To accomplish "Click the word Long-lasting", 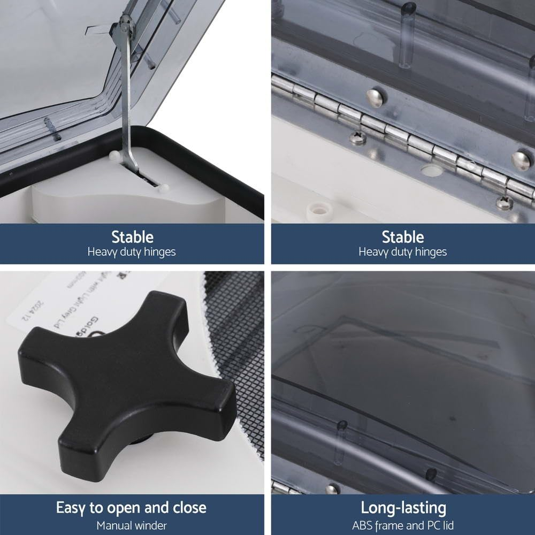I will tap(403, 507).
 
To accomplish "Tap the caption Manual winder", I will tap(132, 525).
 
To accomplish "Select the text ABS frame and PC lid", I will tap(403, 525).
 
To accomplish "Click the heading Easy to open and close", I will tap(132, 507).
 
